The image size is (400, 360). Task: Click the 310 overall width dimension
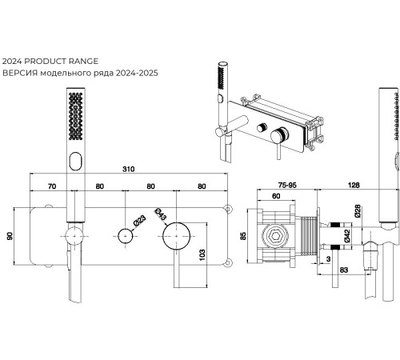[128, 169]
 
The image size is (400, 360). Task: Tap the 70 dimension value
[52, 186]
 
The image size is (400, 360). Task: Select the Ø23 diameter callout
[140, 221]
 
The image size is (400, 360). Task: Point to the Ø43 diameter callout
[160, 214]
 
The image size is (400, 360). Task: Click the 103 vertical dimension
[202, 254]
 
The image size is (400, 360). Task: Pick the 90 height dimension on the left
[10, 236]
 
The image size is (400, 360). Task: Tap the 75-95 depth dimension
[287, 185]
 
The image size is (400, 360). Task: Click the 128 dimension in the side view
[354, 185]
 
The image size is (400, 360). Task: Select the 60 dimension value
[276, 196]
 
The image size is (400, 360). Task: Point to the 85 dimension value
[243, 236]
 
